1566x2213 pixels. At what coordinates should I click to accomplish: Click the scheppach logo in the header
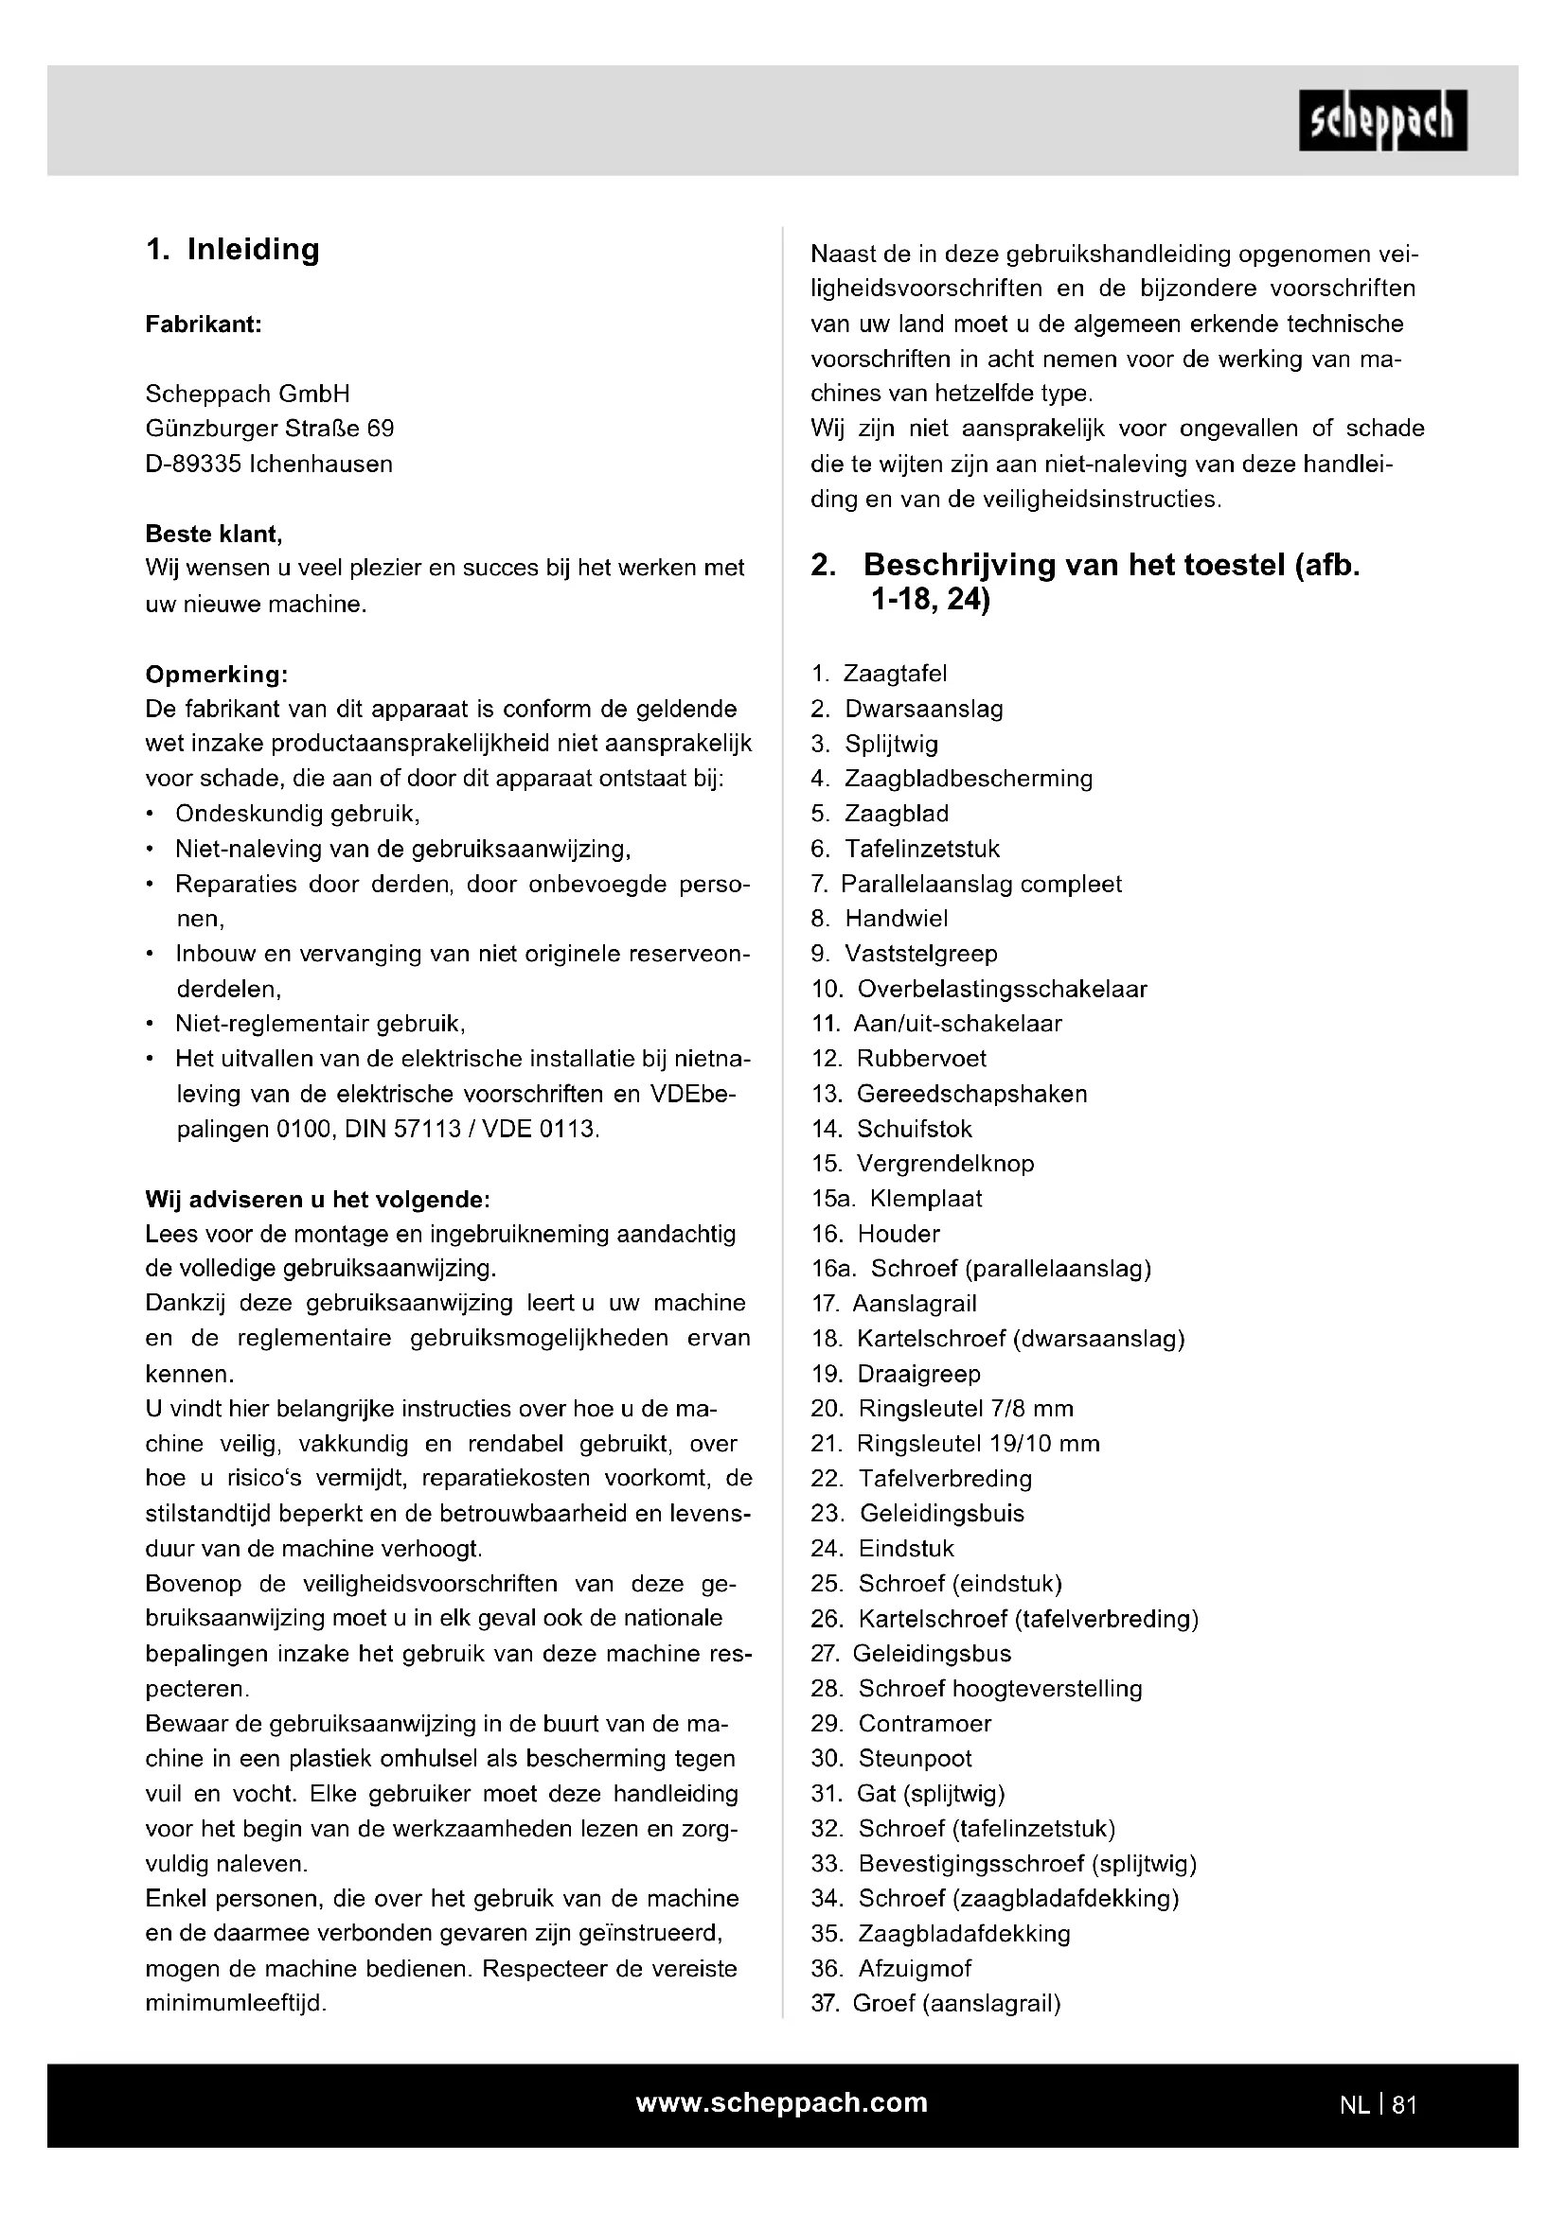click(x=1381, y=120)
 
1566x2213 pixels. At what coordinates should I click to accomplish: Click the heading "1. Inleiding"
click(x=232, y=250)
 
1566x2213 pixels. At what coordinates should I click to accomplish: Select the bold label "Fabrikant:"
click(x=204, y=325)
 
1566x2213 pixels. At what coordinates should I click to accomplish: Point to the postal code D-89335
click(x=193, y=465)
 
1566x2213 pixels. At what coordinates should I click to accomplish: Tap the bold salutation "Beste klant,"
click(x=213, y=534)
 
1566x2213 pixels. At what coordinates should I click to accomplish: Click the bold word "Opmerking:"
click(x=216, y=674)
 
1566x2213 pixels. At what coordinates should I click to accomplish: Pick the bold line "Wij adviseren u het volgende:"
click(x=317, y=1200)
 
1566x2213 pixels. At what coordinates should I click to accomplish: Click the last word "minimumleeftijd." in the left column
click(x=237, y=2003)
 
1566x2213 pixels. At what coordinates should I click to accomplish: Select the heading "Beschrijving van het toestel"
click(x=1109, y=566)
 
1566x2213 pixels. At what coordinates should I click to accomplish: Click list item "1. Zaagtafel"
click(x=880, y=674)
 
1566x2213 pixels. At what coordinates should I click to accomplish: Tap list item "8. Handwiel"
click(x=880, y=919)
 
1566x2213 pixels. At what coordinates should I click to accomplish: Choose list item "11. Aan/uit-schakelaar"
click(x=936, y=1024)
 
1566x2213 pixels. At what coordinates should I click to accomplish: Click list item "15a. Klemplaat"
click(x=897, y=1199)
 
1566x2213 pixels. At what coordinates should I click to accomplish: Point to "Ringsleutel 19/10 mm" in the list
click(x=978, y=1444)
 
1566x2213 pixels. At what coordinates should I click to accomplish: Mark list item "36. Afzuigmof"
click(x=891, y=1968)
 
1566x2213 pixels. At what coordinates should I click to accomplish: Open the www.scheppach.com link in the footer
click(x=781, y=2103)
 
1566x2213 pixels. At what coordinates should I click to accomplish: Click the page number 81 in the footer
click(x=1404, y=2105)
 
